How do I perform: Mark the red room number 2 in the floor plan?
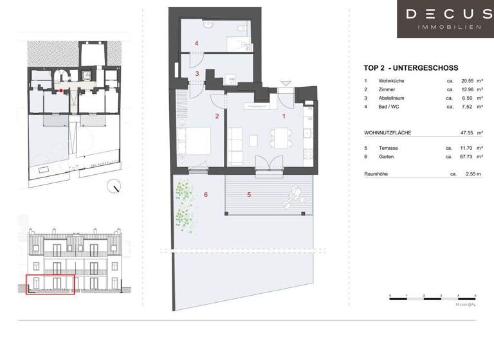pyautogui.click(x=217, y=116)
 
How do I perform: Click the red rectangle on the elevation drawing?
pyautogui.click(x=50, y=284)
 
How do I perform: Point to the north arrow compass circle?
pyautogui.click(x=116, y=187)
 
